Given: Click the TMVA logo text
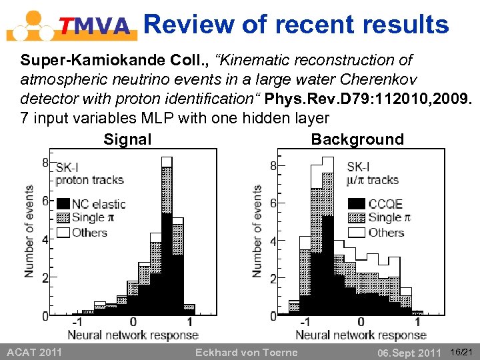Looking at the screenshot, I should coord(95,26).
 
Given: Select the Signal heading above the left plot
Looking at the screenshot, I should coord(127,139).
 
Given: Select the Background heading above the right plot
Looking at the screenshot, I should coord(357,139).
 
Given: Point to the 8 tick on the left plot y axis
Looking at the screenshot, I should coord(45,162).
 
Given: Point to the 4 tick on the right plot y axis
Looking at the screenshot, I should coord(273,241).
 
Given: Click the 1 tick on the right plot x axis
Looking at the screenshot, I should coord(419,322).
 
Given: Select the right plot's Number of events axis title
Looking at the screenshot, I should coord(257,231).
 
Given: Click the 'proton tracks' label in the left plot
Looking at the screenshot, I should coord(90,179).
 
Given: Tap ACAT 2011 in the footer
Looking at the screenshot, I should coord(34,352).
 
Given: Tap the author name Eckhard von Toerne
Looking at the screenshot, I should coord(246,352).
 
